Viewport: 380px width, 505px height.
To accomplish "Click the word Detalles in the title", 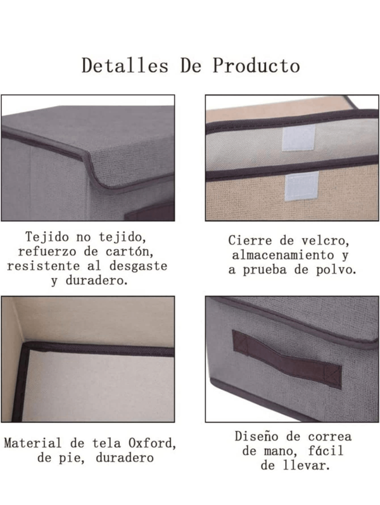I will tap(125, 66).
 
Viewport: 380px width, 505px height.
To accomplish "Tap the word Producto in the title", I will tap(256, 66).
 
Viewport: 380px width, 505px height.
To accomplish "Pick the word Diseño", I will tap(258, 436).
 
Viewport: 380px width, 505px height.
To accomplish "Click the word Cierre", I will tap(248, 241).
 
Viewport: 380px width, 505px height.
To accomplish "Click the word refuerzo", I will tap(51, 252).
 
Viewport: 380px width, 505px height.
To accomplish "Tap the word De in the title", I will tap(191, 66).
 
